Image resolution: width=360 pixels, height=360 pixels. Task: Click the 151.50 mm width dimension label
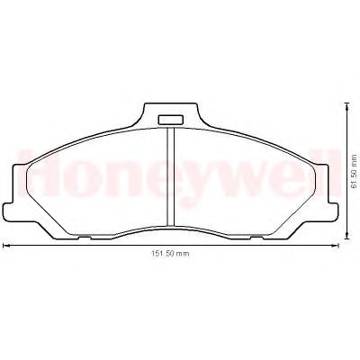click(x=170, y=254)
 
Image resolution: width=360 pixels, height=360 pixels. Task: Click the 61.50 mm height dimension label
click(x=354, y=171)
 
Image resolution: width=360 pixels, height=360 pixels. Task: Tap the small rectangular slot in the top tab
click(x=170, y=120)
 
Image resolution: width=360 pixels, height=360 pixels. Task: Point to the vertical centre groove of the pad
click(x=170, y=176)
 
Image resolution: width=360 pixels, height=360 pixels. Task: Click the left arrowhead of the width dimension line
click(x=4, y=246)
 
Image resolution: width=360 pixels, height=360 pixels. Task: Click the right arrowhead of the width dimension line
click(x=336, y=246)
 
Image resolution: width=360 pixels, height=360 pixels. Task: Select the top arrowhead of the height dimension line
click(x=347, y=105)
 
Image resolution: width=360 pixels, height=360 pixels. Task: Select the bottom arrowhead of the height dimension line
click(x=347, y=236)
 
